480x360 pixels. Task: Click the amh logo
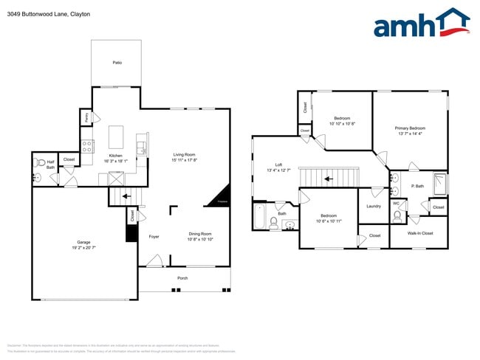click(421, 24)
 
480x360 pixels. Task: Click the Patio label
click(117, 63)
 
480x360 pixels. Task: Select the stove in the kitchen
click(86, 145)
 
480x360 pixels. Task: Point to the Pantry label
click(87, 117)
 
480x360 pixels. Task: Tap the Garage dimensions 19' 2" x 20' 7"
click(84, 248)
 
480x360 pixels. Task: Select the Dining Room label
click(199, 234)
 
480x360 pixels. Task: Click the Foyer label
click(154, 237)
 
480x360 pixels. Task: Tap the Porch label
click(182, 278)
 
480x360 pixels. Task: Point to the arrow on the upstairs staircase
click(329, 178)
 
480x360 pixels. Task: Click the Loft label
click(278, 165)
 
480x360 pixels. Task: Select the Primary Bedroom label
click(410, 128)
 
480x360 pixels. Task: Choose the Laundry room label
click(374, 206)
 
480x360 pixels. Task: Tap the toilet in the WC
click(397, 215)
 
